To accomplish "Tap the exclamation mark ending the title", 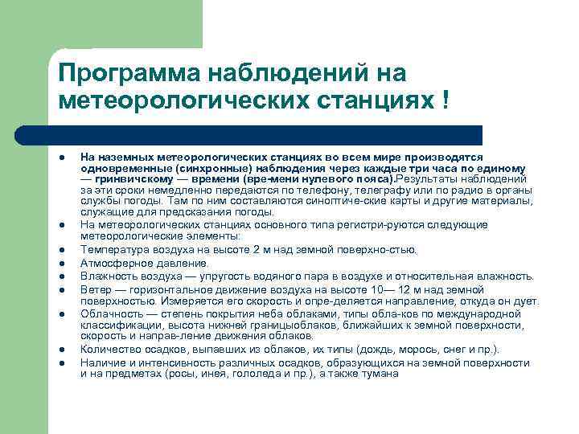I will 445,101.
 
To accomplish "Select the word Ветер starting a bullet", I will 95,288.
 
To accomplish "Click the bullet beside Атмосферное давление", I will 63,263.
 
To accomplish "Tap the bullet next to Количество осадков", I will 63,350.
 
